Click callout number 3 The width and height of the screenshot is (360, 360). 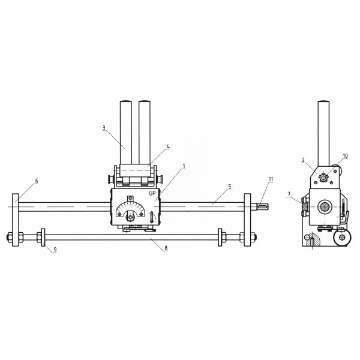104,128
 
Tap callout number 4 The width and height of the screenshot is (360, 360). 168,146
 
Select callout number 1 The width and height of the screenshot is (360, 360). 184,166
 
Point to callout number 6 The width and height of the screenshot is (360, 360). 37,181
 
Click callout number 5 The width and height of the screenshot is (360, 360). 230,187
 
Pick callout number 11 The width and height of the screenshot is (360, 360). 271,179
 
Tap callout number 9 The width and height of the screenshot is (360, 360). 55,250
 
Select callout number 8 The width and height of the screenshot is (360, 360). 166,248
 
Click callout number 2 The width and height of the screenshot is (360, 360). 303,160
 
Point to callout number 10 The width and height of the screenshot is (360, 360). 345,156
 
